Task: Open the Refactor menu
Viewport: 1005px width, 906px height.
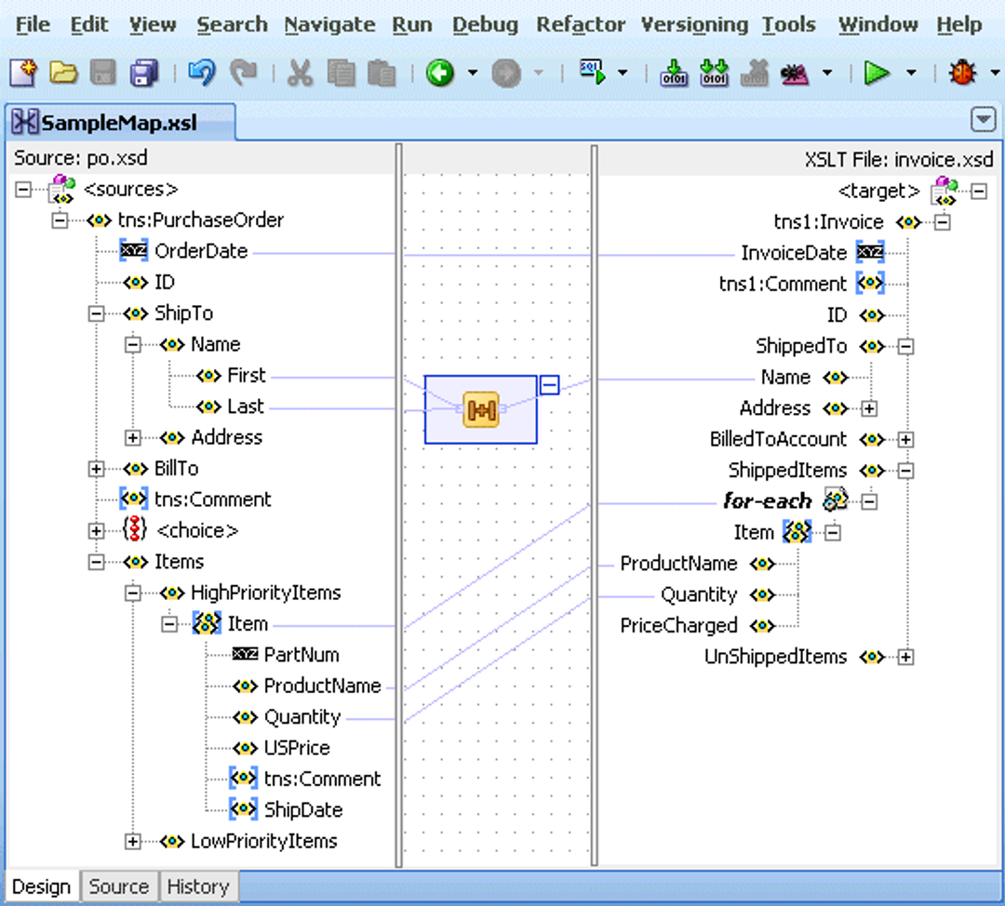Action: point(581,25)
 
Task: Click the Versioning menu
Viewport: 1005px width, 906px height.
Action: point(694,25)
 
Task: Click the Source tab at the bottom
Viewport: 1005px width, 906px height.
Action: point(118,886)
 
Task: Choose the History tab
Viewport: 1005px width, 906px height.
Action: point(197,886)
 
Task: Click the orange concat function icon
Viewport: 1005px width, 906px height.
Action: point(480,410)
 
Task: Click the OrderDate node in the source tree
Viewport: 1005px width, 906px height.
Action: point(200,251)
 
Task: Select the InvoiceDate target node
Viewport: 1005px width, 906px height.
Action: point(793,253)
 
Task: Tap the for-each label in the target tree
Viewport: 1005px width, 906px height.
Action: point(767,501)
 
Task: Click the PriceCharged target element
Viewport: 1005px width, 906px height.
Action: point(678,626)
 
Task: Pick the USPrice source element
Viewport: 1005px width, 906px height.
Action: point(296,748)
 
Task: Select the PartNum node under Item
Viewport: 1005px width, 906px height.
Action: point(301,655)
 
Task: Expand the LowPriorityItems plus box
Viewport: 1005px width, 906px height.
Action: point(133,842)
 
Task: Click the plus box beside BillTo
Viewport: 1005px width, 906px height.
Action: point(96,469)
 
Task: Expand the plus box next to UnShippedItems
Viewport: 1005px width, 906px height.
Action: point(905,658)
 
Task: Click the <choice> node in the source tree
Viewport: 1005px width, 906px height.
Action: point(196,531)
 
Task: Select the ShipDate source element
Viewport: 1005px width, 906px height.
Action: point(302,810)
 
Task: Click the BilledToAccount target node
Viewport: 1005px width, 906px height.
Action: point(778,439)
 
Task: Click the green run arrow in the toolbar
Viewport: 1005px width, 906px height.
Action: point(876,73)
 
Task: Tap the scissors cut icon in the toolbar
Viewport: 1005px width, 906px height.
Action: point(300,73)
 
